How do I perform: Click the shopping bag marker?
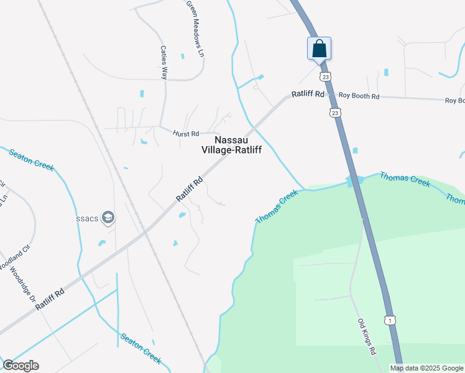pyautogui.click(x=319, y=48)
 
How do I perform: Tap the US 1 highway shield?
pyautogui.click(x=390, y=320)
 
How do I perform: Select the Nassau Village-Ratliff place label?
pyautogui.click(x=231, y=145)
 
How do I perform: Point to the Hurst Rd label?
pyautogui.click(x=186, y=133)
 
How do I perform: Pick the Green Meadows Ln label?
pyautogui.click(x=195, y=29)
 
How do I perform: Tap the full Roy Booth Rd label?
pyautogui.click(x=358, y=96)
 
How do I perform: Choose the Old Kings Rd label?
pyautogui.click(x=367, y=337)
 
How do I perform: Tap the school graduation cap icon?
pyautogui.click(x=108, y=217)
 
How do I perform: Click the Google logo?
pyautogui.click(x=21, y=366)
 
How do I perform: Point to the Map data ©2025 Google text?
pyautogui.click(x=427, y=368)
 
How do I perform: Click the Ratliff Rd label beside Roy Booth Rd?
pyautogui.click(x=308, y=94)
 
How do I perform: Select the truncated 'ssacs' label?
pyautogui.click(x=86, y=218)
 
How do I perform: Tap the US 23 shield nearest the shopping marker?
pyautogui.click(x=325, y=76)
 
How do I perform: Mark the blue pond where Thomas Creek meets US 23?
pyautogui.click(x=354, y=181)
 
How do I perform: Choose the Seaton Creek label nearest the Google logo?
pyautogui.click(x=141, y=349)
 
